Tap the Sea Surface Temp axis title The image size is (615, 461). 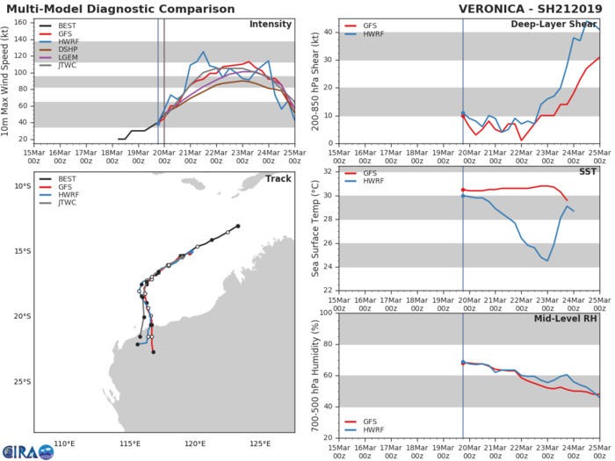point(315,228)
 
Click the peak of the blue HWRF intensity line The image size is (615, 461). point(203,53)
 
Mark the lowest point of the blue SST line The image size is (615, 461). point(547,261)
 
